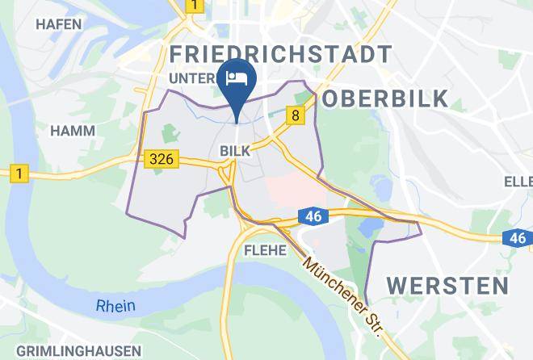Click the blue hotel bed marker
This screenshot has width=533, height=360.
pyautogui.click(x=238, y=79)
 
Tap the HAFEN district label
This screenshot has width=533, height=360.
pyautogui.click(x=59, y=25)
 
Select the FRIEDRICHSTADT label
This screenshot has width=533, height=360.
pyautogui.click(x=282, y=54)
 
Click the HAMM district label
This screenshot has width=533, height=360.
pyautogui.click(x=73, y=130)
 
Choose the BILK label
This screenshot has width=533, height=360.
pyautogui.click(x=237, y=150)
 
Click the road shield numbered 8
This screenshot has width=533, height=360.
pyautogui.click(x=296, y=116)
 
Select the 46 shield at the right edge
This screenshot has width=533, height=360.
pyautogui.click(x=518, y=237)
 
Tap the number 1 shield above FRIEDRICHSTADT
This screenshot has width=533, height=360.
pyautogui.click(x=194, y=6)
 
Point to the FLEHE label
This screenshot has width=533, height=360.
pyautogui.click(x=264, y=250)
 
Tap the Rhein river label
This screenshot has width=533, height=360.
pyautogui.click(x=115, y=306)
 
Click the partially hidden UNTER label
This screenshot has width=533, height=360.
pyautogui.click(x=194, y=77)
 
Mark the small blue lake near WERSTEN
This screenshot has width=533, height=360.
pyautogui.click(x=368, y=228)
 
